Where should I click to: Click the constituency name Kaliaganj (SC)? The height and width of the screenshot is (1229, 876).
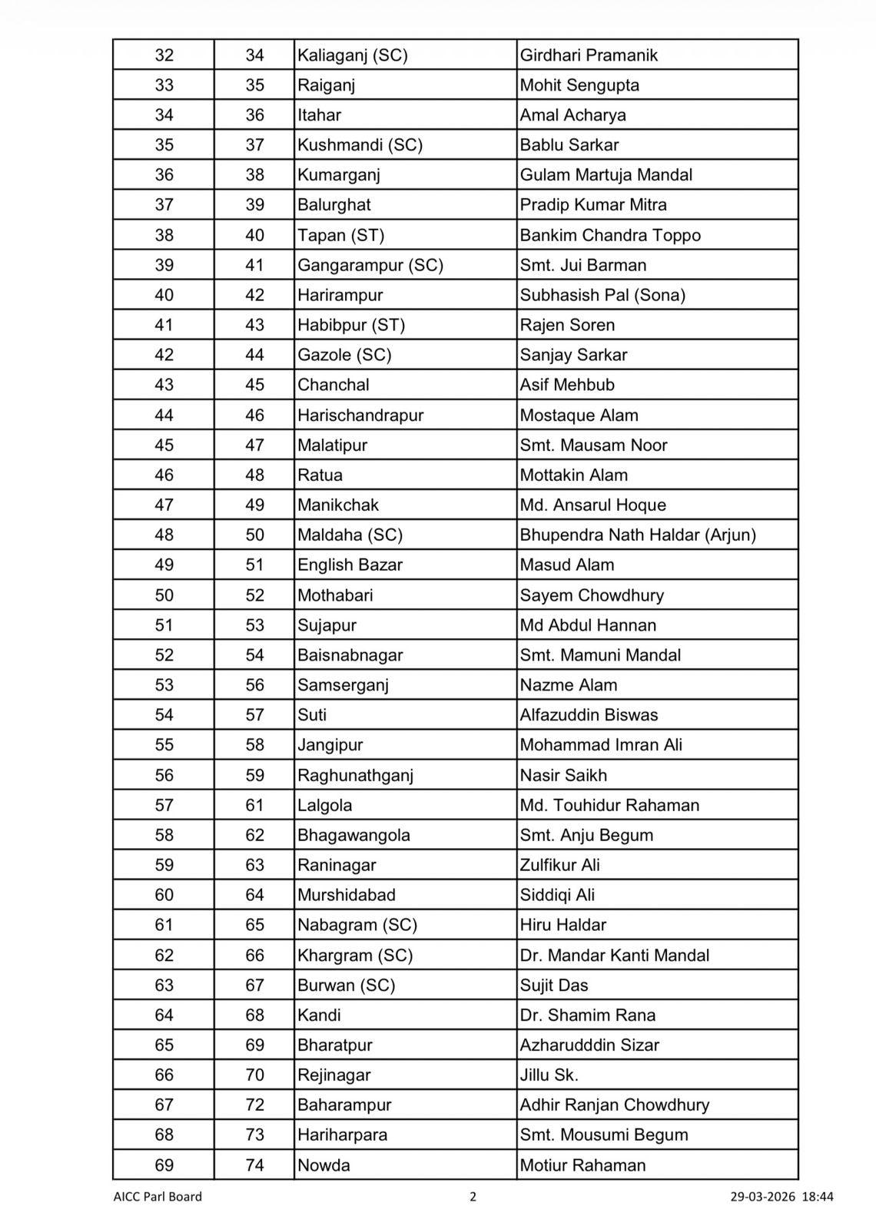tap(353, 55)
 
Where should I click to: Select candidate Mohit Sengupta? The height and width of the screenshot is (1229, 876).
tap(579, 85)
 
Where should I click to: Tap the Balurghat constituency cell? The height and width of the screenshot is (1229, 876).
tap(334, 205)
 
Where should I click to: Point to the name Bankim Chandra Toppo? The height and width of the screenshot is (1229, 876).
tap(610, 235)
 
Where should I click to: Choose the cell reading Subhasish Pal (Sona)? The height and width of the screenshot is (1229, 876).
tap(602, 295)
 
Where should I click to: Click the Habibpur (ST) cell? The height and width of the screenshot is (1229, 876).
tap(351, 325)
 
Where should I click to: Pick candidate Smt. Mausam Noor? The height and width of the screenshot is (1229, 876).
tap(593, 446)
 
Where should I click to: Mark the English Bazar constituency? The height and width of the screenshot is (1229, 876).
tap(350, 565)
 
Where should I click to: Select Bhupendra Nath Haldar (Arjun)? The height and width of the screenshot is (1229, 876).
tap(638, 535)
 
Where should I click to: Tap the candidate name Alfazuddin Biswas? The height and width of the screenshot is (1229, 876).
tap(589, 715)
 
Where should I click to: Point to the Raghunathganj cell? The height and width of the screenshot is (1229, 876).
tap(356, 776)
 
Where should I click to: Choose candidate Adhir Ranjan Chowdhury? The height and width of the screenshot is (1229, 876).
tap(614, 1105)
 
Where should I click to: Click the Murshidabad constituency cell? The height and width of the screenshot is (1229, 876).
tap(347, 896)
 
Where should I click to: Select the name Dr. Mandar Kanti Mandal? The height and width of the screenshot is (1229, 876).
tap(614, 956)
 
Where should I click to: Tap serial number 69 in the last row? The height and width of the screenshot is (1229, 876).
tap(164, 1165)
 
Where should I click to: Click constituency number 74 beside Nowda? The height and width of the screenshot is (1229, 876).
tap(254, 1165)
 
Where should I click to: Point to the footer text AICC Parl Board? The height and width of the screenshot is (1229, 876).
tap(158, 1197)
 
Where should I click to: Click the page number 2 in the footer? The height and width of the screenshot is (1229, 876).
tap(473, 1197)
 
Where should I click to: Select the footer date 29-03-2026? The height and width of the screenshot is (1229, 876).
tap(762, 1197)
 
